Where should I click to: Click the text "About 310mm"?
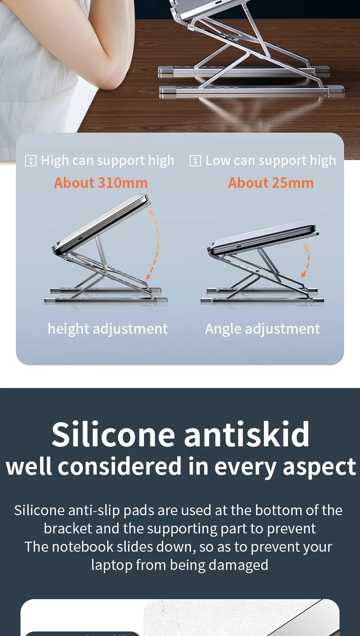click(x=101, y=183)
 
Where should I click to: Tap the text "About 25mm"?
click(x=271, y=183)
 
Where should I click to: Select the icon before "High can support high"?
click(x=31, y=161)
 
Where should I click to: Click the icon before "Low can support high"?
click(x=195, y=161)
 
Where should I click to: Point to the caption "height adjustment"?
click(x=108, y=329)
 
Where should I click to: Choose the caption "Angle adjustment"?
click(x=262, y=329)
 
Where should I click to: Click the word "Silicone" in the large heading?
click(x=113, y=434)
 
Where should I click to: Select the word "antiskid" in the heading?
click(x=246, y=434)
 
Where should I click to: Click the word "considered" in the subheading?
click(x=119, y=466)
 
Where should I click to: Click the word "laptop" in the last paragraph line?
click(x=111, y=565)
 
